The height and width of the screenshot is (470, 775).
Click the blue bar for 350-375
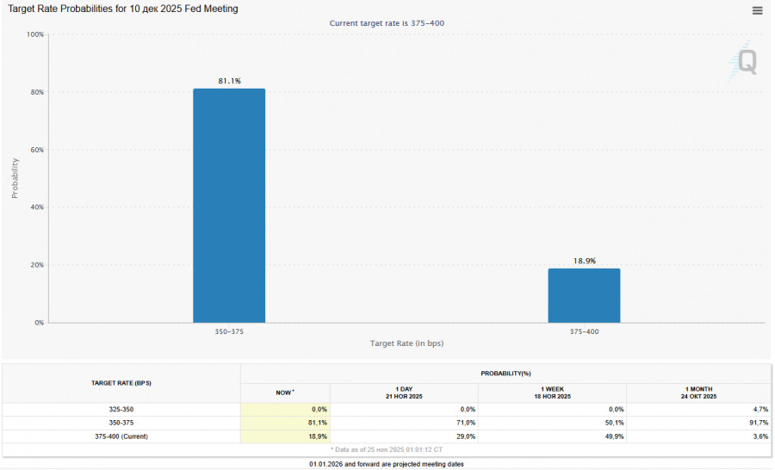click(229, 206)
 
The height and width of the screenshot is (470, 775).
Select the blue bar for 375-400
click(584, 295)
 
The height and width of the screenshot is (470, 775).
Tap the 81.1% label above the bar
click(229, 81)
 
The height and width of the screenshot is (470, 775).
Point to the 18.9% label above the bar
click(584, 260)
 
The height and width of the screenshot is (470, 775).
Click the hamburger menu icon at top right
click(757, 10)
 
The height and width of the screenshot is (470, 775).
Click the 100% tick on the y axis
click(35, 34)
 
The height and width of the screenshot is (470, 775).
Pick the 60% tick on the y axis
click(37, 150)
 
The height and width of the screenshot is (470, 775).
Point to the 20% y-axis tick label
click(37, 265)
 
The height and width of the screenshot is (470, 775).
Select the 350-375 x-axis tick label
click(229, 331)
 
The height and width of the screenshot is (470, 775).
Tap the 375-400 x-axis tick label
click(584, 331)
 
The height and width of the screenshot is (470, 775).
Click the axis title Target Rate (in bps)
click(406, 343)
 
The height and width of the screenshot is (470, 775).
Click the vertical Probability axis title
click(15, 178)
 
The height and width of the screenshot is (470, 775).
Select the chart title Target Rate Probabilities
click(123, 9)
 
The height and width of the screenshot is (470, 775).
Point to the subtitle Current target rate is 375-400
click(387, 22)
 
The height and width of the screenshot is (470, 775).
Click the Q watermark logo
click(746, 61)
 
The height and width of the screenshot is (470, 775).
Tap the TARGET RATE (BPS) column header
click(121, 383)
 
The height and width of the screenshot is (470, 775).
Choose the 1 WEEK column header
click(552, 393)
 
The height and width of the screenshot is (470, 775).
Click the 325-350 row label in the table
click(121, 410)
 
